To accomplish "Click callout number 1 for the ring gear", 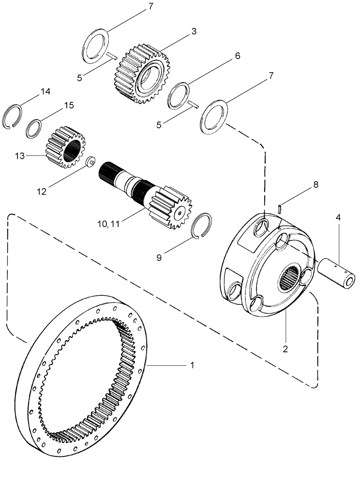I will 193,363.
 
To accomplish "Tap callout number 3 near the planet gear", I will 194,31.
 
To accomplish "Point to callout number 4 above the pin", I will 338,218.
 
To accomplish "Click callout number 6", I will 238,56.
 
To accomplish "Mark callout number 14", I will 45,91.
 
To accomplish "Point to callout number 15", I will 69,105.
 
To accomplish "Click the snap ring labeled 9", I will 202,225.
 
